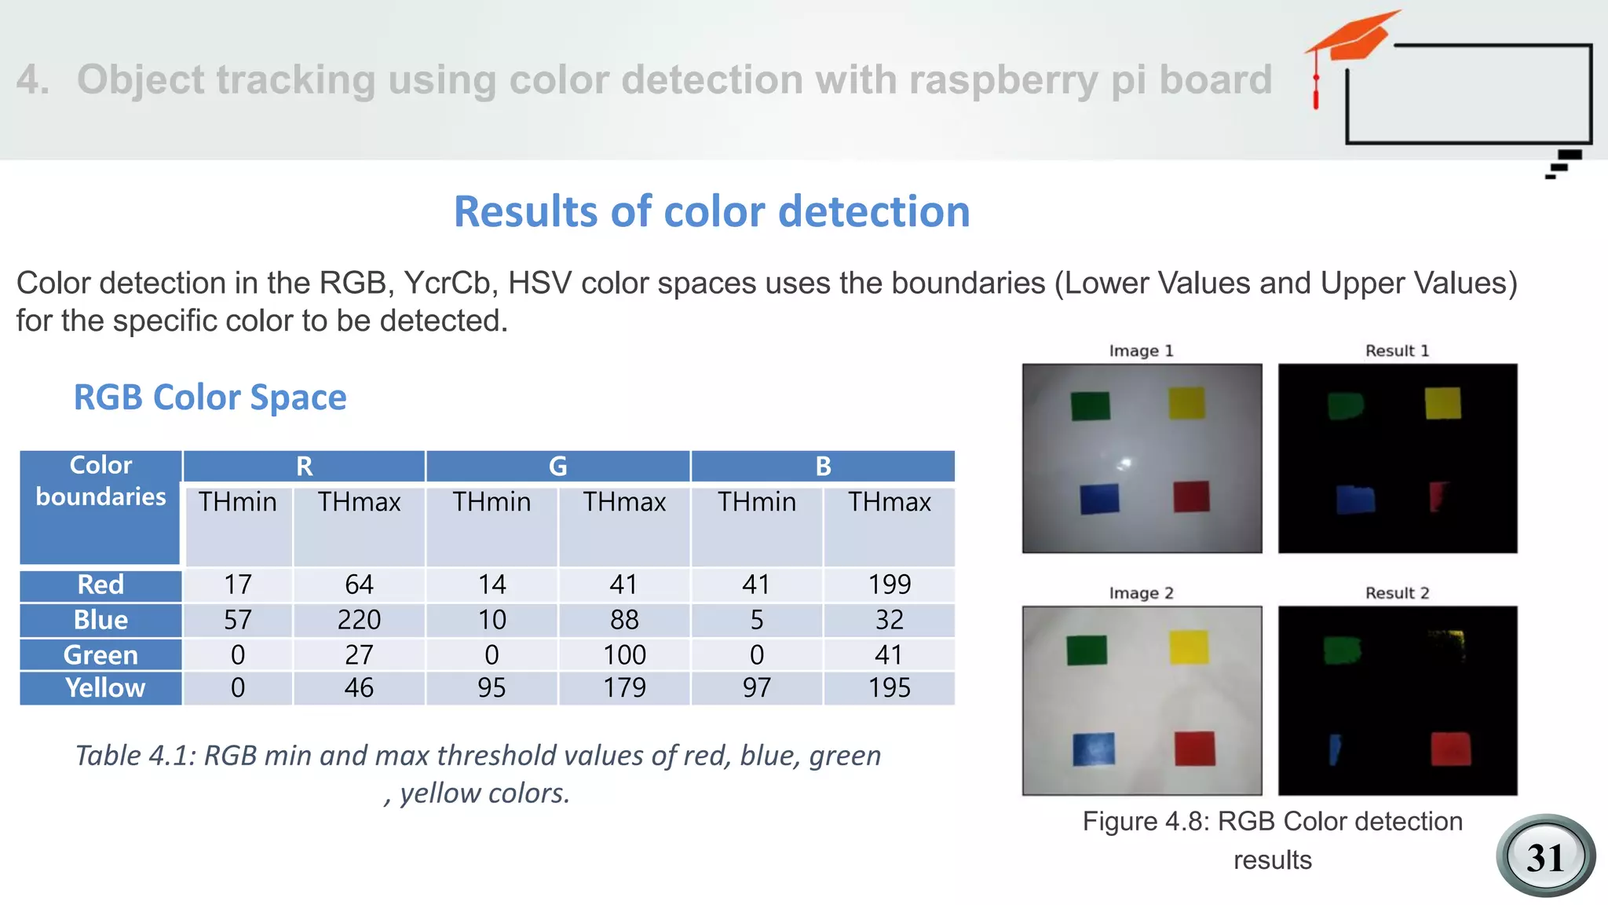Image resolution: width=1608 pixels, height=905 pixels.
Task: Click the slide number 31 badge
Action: click(1545, 856)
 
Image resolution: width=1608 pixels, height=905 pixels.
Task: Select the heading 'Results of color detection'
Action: click(711, 211)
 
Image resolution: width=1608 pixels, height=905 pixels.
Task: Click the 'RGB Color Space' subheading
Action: click(210, 397)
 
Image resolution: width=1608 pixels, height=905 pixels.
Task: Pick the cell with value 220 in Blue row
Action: click(359, 620)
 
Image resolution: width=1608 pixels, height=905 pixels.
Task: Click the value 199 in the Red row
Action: click(889, 584)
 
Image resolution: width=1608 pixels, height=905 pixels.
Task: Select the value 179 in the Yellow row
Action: click(624, 687)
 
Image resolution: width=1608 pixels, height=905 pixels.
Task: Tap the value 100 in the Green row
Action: click(624, 654)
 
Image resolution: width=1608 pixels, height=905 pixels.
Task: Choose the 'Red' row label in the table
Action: click(101, 584)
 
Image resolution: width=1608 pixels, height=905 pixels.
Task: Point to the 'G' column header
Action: click(557, 466)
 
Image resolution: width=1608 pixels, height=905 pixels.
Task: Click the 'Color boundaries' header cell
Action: click(101, 481)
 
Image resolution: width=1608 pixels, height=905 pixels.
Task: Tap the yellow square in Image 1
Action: click(1186, 403)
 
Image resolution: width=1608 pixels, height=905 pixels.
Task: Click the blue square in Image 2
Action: click(1094, 749)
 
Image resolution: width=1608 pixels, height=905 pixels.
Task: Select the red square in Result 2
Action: click(1450, 749)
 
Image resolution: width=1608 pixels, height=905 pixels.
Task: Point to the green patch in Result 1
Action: click(1345, 405)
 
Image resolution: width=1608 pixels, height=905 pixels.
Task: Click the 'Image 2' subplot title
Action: click(1141, 593)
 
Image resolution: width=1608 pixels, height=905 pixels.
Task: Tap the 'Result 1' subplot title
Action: click(1397, 351)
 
